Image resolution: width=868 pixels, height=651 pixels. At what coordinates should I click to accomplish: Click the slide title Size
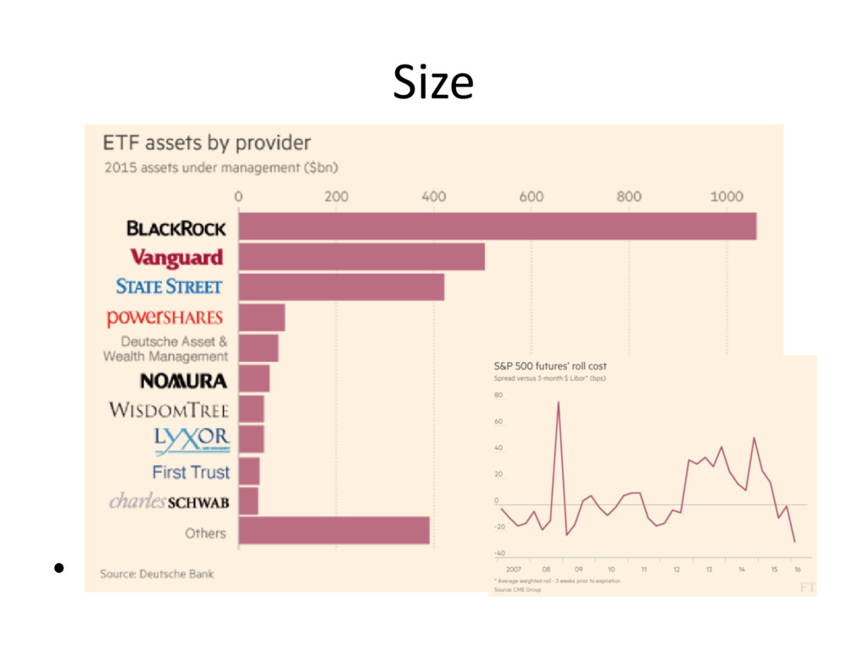(x=432, y=83)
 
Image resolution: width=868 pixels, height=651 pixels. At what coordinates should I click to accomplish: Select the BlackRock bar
(x=498, y=226)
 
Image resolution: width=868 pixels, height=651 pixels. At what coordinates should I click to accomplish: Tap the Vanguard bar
(x=362, y=257)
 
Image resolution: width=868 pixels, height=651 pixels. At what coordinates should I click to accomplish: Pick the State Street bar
(x=342, y=287)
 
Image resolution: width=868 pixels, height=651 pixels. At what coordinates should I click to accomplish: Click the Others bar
(x=334, y=531)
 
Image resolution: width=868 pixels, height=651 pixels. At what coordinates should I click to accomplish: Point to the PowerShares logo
(x=165, y=318)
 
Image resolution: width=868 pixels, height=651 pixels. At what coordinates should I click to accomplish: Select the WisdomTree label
(x=169, y=410)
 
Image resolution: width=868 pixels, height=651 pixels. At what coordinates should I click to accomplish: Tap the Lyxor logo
(x=192, y=438)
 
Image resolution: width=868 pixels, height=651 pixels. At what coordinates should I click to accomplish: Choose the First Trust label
(x=191, y=471)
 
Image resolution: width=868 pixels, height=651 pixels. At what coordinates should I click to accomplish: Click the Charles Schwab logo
(x=170, y=502)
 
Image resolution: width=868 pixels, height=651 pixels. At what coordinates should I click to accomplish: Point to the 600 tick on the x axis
(x=531, y=197)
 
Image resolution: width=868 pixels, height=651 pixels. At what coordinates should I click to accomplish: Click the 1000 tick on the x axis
(x=726, y=197)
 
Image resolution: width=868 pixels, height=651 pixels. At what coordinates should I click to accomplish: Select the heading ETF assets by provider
(x=207, y=142)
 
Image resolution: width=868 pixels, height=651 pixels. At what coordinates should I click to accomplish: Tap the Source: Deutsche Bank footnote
(x=157, y=574)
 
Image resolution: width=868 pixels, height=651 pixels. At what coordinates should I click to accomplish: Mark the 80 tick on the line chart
(x=498, y=395)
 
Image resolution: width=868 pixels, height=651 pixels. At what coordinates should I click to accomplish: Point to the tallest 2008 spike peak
(x=558, y=403)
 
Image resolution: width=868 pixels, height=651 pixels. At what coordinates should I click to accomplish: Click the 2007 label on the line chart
(x=512, y=569)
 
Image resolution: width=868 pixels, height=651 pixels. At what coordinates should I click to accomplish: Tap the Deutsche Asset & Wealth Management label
(x=165, y=349)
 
